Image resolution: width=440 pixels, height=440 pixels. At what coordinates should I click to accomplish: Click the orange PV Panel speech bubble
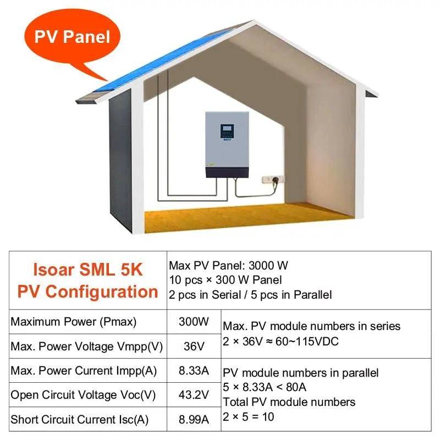click(72, 37)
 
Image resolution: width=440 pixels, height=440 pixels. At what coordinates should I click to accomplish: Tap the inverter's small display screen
click(227, 131)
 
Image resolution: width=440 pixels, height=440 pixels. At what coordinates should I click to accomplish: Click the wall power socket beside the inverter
click(273, 179)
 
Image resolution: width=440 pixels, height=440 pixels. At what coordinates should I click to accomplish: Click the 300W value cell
click(194, 322)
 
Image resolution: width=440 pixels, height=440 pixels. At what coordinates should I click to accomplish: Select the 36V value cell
click(194, 346)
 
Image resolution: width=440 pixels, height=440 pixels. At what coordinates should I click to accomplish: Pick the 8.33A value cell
click(194, 371)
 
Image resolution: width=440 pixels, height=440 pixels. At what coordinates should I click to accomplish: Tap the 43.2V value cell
click(194, 395)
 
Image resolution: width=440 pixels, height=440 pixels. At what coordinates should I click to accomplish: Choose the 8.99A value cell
click(194, 420)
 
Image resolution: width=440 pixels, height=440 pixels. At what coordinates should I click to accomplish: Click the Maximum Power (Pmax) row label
click(74, 322)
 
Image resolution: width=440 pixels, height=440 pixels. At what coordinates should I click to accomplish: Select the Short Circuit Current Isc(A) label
click(80, 420)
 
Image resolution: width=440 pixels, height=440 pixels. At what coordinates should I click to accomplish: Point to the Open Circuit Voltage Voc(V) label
click(83, 395)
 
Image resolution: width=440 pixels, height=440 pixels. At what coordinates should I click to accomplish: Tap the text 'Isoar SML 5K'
click(88, 269)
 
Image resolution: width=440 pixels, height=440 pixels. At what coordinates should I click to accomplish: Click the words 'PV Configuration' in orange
click(88, 291)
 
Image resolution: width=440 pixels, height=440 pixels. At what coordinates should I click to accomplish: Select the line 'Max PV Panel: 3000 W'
click(228, 266)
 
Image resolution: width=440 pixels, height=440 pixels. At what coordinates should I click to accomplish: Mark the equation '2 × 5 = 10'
click(248, 416)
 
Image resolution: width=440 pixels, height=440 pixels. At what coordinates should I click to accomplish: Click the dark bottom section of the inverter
click(227, 172)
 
